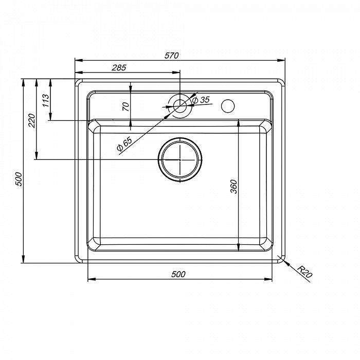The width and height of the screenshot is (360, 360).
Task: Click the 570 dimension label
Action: point(171,56)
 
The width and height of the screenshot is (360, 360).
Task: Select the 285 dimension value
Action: point(119,68)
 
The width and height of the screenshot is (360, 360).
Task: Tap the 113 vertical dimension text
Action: point(46,100)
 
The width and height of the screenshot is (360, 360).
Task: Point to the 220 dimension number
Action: point(31,120)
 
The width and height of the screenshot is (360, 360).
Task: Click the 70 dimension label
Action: point(125,107)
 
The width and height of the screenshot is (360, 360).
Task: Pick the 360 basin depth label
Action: point(233,186)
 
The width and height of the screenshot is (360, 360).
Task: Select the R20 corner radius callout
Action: point(304,272)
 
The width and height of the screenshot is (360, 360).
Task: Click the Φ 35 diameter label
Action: point(201,100)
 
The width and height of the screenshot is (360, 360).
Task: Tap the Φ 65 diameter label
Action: point(124,143)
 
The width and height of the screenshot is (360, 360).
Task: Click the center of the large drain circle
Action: point(180,159)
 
